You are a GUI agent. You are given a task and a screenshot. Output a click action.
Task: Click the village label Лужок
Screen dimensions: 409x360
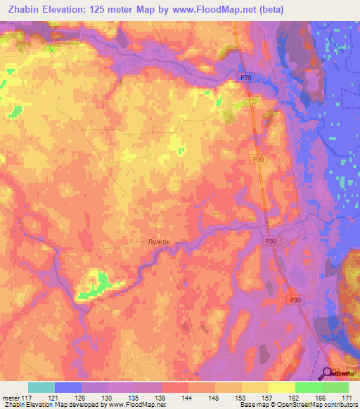point(159,241)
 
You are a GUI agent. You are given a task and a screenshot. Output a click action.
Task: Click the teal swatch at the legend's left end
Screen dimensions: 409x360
point(41,387)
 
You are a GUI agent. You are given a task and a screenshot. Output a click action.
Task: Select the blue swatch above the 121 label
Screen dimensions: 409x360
point(68,387)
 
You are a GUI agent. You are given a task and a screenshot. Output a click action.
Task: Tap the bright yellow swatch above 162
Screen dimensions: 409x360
point(282,387)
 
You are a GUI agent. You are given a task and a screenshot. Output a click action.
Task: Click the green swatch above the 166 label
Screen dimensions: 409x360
point(309,387)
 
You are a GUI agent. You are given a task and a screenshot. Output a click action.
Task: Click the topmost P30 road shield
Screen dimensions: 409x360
point(245,78)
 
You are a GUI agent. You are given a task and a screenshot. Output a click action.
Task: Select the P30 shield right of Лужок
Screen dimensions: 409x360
point(271,241)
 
